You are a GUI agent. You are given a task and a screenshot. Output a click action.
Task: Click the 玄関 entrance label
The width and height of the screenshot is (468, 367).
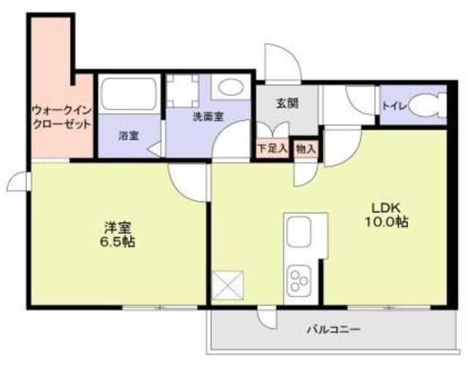(286, 103)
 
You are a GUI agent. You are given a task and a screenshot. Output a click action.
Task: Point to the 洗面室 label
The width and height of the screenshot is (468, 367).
(208, 117)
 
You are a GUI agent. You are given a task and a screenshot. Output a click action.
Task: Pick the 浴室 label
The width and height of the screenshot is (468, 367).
(129, 136)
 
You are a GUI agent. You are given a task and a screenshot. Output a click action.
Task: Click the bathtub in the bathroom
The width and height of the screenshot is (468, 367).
(129, 93)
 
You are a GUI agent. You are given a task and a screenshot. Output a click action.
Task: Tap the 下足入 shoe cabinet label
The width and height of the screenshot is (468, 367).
(273, 147)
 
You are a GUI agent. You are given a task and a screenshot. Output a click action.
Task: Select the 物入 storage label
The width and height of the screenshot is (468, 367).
(306, 148)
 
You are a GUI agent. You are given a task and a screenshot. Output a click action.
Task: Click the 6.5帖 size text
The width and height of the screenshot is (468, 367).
(118, 242)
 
